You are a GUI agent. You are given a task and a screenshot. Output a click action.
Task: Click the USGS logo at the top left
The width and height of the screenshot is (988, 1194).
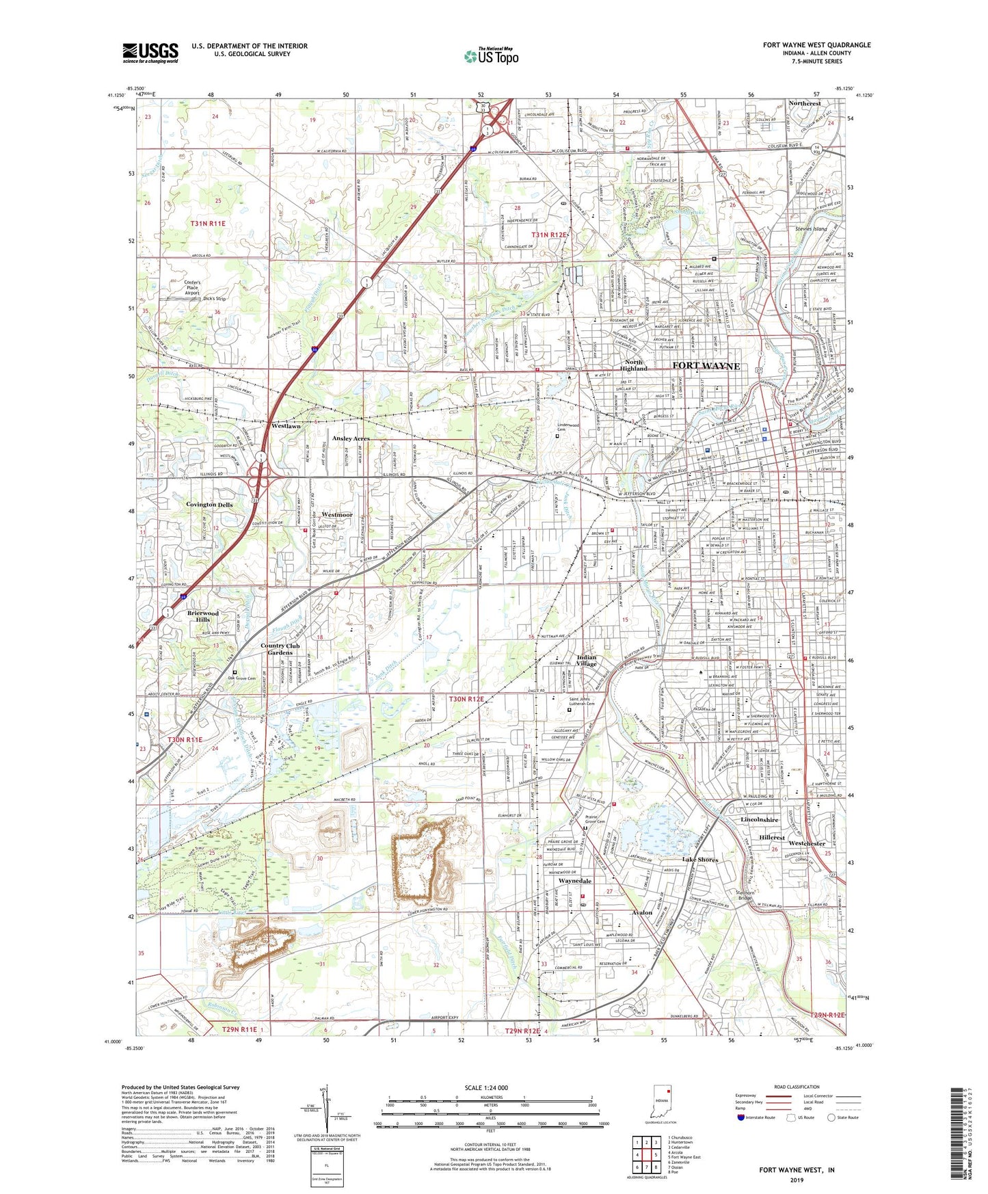coord(150,53)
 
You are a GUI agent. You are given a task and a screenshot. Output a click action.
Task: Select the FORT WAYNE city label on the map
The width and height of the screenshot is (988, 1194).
coord(706,366)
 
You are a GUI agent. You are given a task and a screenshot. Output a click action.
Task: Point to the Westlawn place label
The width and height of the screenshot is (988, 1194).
coord(286,426)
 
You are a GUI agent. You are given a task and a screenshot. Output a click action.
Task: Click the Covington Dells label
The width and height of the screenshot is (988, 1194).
coord(209,505)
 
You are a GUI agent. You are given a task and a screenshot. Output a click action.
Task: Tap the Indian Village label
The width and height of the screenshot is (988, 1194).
coord(586,661)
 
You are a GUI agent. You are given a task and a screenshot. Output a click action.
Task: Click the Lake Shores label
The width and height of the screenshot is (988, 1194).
coord(700,860)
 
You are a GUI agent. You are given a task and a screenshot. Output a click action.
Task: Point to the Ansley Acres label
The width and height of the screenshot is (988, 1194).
coord(351,438)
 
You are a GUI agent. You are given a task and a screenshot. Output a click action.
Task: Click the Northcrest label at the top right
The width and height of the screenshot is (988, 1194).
coord(804,103)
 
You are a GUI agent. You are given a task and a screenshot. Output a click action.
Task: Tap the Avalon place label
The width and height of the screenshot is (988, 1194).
coord(642,912)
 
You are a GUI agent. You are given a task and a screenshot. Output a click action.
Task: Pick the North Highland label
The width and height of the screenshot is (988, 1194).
coord(632,365)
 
